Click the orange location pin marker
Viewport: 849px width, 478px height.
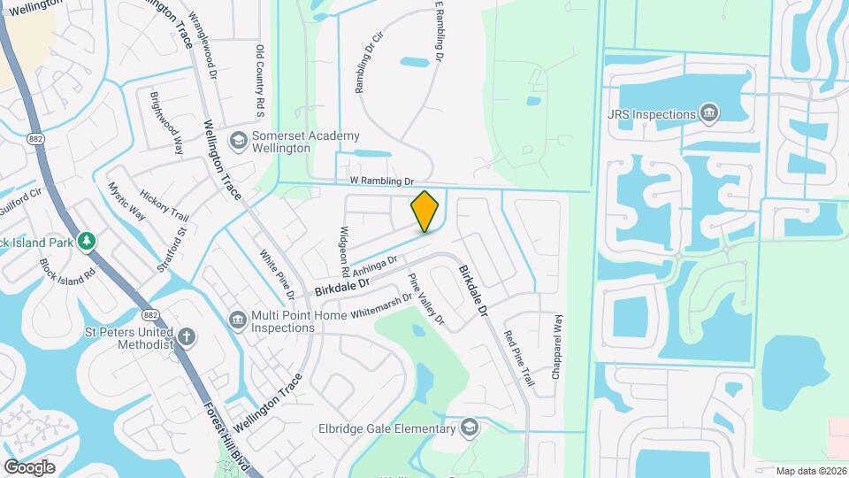pos(424,212)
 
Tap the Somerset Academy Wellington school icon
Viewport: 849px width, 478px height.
pos(237,141)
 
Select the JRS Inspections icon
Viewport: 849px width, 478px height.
pos(707,114)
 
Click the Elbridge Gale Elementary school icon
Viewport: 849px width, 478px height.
pos(470,428)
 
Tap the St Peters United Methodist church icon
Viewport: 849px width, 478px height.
pos(187,336)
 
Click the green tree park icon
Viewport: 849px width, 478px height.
pos(86,241)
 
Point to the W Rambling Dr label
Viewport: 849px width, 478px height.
pos(382,181)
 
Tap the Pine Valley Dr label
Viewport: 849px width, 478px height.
pos(424,298)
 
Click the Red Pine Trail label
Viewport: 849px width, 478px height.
pos(519,358)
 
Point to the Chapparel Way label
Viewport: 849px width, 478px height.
pos(558,347)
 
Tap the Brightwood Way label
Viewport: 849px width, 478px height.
pos(166,123)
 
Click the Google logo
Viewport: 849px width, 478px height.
pos(29,466)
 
